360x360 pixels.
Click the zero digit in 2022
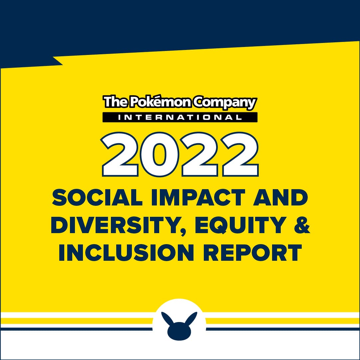pyautogui.click(x=159, y=154)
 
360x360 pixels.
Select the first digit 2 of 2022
pyautogui.click(x=120, y=154)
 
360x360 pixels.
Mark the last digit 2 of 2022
pyautogui.click(x=240, y=154)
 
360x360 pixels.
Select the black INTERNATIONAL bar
pyautogui.click(x=180, y=117)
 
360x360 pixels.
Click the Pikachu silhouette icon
pyautogui.click(x=179, y=326)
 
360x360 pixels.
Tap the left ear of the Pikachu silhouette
pyautogui.click(x=167, y=318)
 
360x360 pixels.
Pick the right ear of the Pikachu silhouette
pyautogui.click(x=191, y=318)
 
